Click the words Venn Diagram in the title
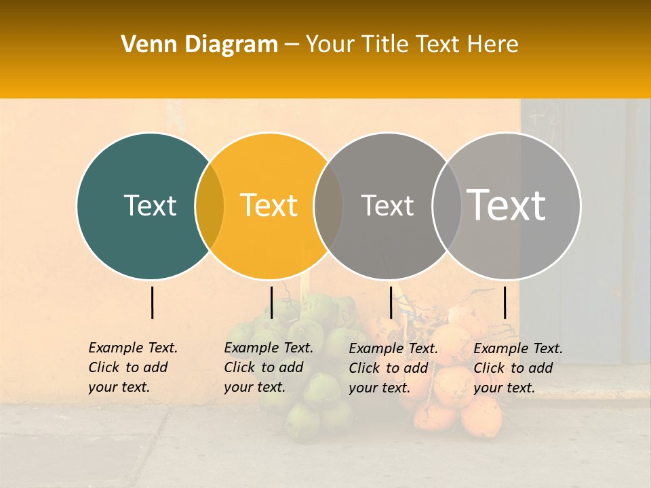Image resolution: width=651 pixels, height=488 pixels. pos(199,45)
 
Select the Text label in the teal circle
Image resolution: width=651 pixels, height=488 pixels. pos(150,205)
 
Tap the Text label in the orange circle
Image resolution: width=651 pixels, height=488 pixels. pos(269,205)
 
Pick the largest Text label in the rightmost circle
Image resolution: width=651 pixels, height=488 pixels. pos(507,205)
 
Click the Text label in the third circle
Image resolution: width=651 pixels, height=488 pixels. pos(387,205)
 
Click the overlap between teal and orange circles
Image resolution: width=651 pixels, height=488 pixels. pos(210,206)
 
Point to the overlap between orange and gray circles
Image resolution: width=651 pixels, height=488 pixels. pos(328,206)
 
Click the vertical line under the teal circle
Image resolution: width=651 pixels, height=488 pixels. pos(152,302)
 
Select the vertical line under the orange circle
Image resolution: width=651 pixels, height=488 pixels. pos(271,302)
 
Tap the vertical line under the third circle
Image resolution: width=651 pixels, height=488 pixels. pos(391,302)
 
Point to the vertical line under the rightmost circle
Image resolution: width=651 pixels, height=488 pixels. pos(505,302)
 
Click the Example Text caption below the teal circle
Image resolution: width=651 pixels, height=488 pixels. pos(133,367)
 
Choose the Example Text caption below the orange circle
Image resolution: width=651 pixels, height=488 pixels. pos(269,367)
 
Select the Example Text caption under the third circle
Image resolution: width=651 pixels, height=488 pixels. pos(393,368)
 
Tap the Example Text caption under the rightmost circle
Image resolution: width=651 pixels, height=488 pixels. pos(518,368)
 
